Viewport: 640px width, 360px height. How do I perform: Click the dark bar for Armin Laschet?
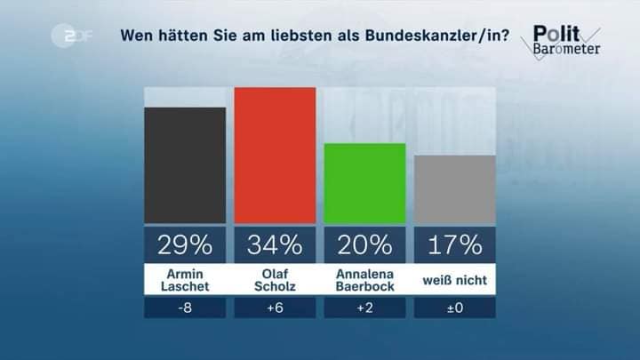click(x=185, y=165)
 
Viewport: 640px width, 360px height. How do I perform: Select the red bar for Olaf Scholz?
click(x=275, y=156)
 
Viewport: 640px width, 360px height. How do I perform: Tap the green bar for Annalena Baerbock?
click(x=364, y=183)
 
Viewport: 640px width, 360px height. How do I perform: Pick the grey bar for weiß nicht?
click(x=454, y=189)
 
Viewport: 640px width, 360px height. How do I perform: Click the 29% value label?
click(x=185, y=244)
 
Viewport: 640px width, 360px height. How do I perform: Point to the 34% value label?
click(x=275, y=244)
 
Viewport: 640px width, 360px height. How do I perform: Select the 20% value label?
click(x=364, y=244)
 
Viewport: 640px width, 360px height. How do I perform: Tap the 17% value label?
click(x=454, y=244)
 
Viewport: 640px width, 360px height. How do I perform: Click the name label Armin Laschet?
click(x=185, y=279)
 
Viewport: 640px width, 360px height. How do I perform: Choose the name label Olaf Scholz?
click(x=275, y=279)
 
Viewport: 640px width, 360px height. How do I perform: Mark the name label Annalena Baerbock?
click(x=364, y=279)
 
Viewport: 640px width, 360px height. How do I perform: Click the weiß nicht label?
click(x=454, y=281)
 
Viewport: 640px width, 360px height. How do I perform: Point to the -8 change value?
click(x=185, y=308)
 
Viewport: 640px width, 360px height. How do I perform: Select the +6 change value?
click(x=275, y=308)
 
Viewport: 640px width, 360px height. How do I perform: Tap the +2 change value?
click(x=364, y=308)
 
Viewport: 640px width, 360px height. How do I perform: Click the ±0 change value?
click(x=454, y=308)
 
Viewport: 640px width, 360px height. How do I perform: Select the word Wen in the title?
click(x=135, y=36)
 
